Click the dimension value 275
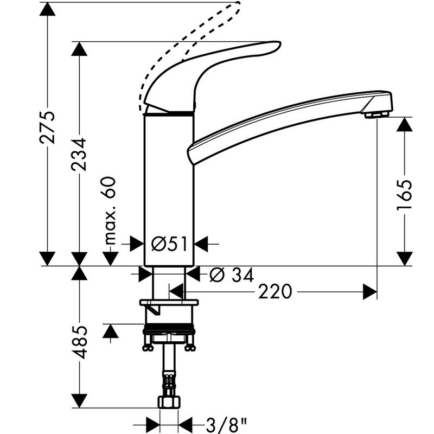point(49,128)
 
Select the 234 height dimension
point(80,154)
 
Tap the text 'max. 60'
point(111,209)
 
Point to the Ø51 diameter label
point(169,244)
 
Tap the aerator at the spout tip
point(376,114)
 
